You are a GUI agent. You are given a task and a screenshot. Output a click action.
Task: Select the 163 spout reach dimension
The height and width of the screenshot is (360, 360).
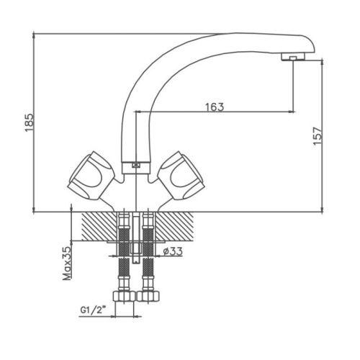(x=214, y=106)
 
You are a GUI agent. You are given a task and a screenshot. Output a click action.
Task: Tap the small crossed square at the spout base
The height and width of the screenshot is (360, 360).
(x=135, y=166)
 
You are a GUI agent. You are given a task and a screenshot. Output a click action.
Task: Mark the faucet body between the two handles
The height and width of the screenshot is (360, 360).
(x=135, y=189)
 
